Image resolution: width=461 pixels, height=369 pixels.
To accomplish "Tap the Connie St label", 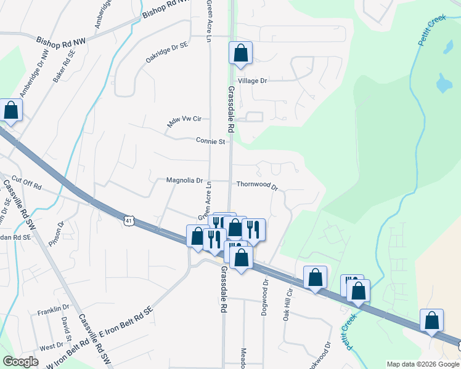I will (210, 141).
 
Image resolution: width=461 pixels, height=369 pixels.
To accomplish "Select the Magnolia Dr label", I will (184, 180).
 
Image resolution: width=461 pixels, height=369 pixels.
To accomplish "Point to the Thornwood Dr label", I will (258, 184).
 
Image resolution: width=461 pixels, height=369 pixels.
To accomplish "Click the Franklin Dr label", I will (53, 308).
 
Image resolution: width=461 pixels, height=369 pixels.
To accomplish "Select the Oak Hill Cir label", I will (286, 306).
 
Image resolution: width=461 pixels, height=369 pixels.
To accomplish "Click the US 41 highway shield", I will (128, 220).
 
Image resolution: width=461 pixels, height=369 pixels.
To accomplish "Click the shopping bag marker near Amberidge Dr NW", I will (11, 111).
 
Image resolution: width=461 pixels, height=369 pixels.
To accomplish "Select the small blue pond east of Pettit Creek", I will (443, 82).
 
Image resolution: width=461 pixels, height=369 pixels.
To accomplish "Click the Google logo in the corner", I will (21, 362).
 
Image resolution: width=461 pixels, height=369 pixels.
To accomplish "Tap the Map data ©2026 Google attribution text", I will (422, 364).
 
